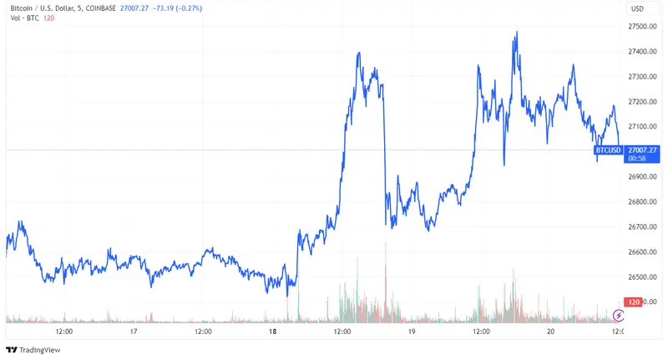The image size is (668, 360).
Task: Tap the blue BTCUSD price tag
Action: (x=608, y=150)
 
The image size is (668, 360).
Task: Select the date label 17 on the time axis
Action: (x=134, y=332)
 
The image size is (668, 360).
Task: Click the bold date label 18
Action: (x=273, y=332)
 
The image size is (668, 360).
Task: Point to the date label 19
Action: (x=412, y=332)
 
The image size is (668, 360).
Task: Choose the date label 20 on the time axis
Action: (x=550, y=332)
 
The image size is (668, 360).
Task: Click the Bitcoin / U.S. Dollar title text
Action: (x=38, y=8)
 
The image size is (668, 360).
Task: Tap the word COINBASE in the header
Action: (x=99, y=8)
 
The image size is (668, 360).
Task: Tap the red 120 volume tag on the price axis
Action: (x=634, y=302)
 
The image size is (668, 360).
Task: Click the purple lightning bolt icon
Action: (x=619, y=315)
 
